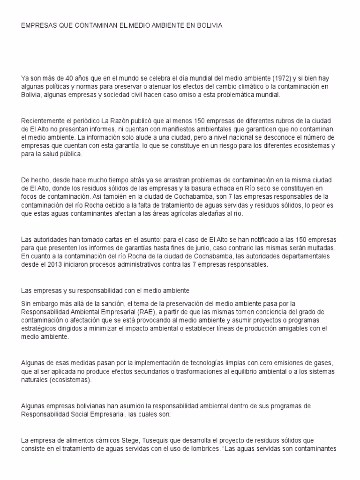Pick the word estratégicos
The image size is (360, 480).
[x=40, y=329]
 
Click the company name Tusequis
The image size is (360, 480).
[x=131, y=440]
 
